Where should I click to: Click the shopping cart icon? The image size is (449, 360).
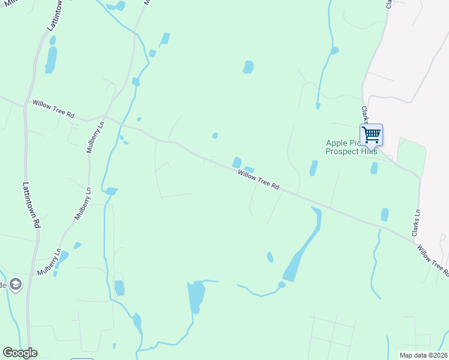click(x=371, y=134)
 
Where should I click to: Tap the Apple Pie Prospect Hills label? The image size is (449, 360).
click(x=351, y=147)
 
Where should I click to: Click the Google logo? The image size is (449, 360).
click(x=20, y=353)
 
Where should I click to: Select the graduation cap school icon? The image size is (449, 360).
click(x=15, y=284)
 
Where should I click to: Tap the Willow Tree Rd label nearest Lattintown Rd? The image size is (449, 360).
click(x=53, y=109)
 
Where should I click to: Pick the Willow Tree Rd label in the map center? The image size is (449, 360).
click(x=259, y=179)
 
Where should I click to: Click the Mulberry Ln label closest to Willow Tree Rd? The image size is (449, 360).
click(x=95, y=137)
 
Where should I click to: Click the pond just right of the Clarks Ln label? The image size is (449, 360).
click(x=384, y=215)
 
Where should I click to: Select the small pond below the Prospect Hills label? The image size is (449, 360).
click(x=374, y=167)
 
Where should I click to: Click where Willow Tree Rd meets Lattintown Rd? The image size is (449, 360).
click(x=25, y=107)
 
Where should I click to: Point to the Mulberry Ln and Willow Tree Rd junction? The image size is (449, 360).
click(x=104, y=116)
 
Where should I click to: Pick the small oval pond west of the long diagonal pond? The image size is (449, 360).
click(x=270, y=257)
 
